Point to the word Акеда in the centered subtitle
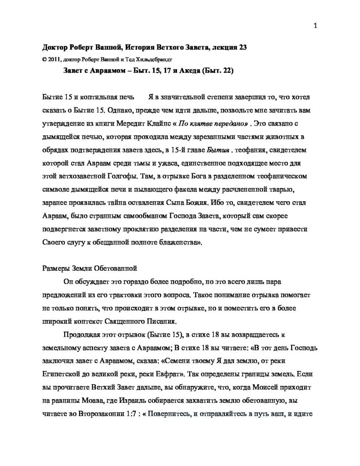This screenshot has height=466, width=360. point(170,71)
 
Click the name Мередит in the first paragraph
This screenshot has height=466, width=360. point(161,124)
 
